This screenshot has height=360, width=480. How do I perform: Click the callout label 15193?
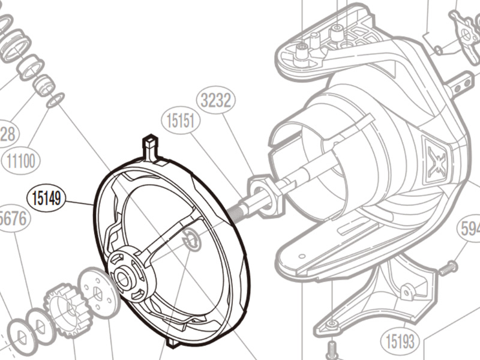tap(400, 342)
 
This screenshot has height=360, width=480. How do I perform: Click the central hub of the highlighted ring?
tap(125, 277)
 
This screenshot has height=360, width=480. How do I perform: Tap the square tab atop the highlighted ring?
tap(150, 145)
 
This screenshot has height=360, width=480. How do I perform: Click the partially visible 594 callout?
tap(469, 229)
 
